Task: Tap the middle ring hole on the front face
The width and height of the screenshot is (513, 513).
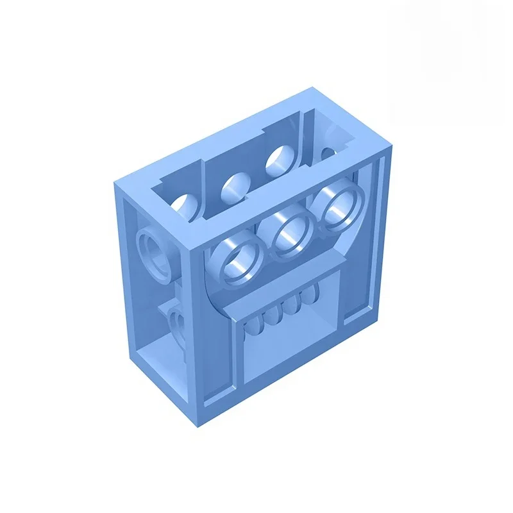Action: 289,237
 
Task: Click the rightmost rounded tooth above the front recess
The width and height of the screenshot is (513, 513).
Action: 309,294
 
